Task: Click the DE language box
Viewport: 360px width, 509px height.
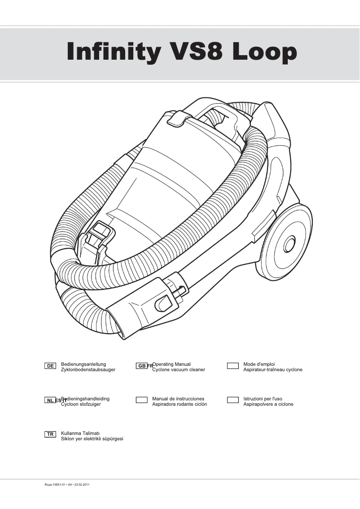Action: [50, 366]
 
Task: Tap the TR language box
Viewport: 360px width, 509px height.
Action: [50, 434]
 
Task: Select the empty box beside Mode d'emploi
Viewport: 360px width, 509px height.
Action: [233, 366]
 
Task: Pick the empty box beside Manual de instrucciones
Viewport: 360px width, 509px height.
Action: [142, 400]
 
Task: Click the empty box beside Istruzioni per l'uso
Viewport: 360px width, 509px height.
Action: [233, 400]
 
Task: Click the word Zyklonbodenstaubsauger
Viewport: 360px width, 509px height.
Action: [88, 370]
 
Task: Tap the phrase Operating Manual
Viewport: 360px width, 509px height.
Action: [172, 364]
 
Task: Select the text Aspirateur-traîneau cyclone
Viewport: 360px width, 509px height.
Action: [273, 370]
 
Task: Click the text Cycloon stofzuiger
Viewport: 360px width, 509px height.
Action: [81, 404]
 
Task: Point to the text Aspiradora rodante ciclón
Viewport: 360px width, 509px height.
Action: [180, 404]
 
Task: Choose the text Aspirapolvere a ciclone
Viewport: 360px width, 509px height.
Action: [268, 404]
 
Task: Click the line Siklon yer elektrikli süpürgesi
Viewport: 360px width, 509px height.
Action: [92, 439]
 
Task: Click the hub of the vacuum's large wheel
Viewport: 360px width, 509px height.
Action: [289, 245]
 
